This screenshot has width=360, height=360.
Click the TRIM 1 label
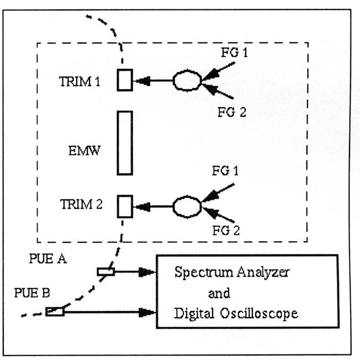click(80, 81)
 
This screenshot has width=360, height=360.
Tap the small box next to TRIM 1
click(125, 81)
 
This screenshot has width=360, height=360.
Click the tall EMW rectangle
click(125, 142)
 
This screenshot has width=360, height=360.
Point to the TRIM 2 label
click(80, 205)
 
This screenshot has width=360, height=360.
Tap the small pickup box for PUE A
click(105, 271)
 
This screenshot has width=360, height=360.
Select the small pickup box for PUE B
click(55, 312)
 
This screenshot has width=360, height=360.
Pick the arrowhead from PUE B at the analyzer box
click(149, 313)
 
